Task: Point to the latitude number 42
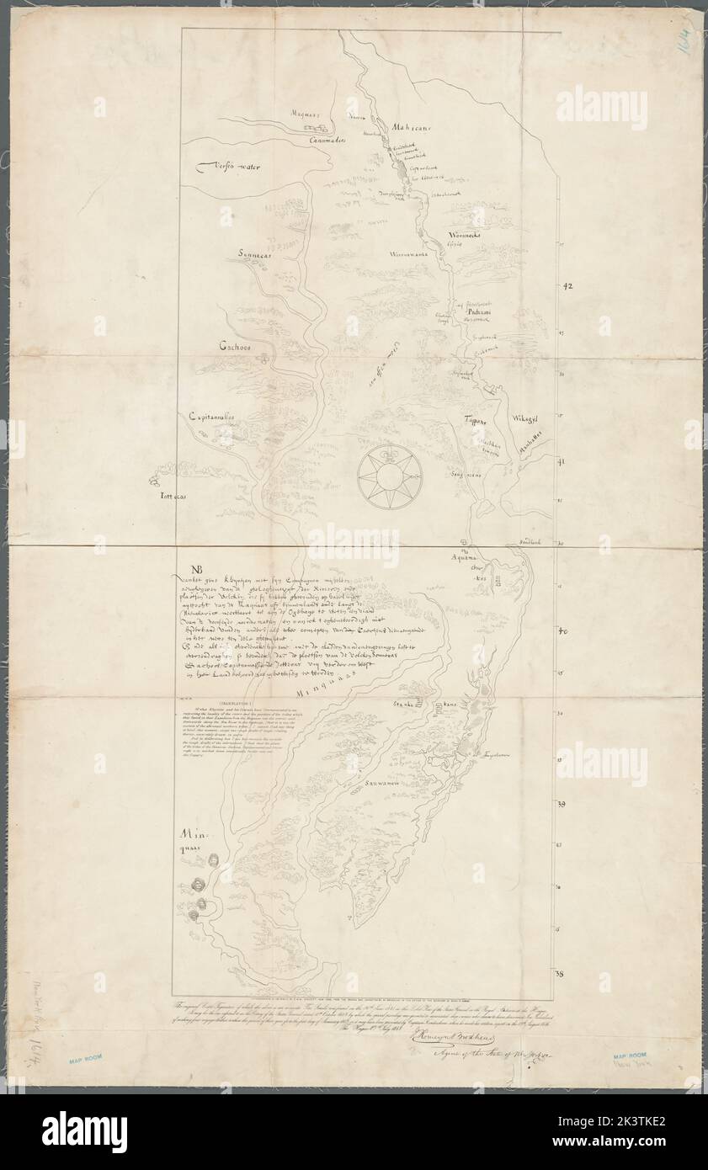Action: tap(566, 287)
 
